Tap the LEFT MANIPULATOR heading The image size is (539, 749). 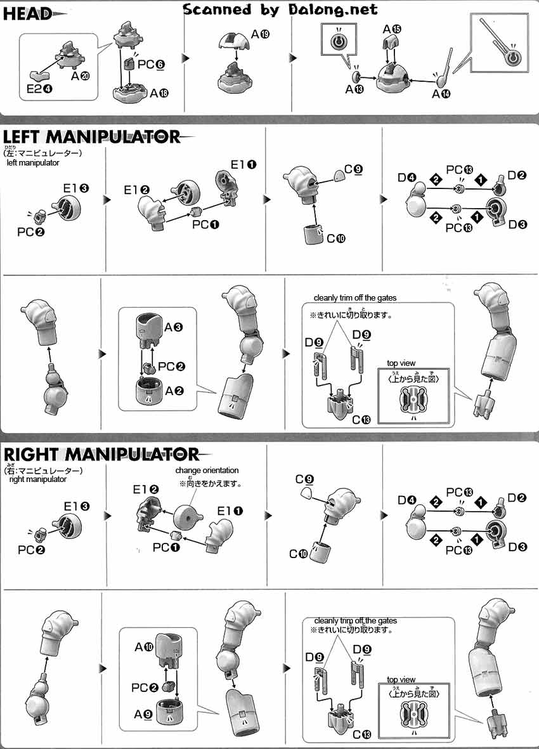pos(92,136)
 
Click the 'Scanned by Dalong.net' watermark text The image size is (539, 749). pos(280,9)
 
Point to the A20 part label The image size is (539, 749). pos(80,75)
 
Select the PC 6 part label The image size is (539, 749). pos(151,64)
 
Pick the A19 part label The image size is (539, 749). pos(260,36)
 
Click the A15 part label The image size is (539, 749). pos(392,29)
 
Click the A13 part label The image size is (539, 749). pos(354,89)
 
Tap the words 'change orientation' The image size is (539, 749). pos(207,471)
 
